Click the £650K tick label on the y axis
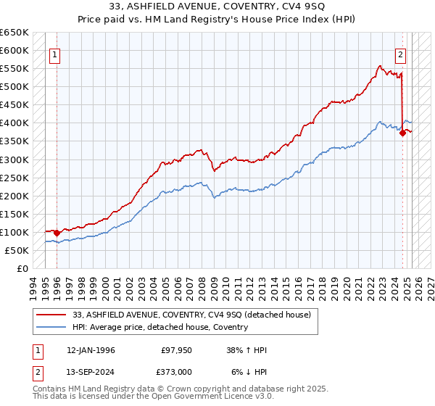pyautogui.click(x=14, y=33)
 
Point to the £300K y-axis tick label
pyautogui.click(x=14, y=159)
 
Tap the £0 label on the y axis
pyautogui.click(x=23, y=268)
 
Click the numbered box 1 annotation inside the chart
pyautogui.click(x=55, y=54)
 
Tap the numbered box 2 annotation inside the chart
pyautogui.click(x=399, y=54)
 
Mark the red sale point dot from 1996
pyautogui.click(x=57, y=233)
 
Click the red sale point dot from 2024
pyautogui.click(x=402, y=133)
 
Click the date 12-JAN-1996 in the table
pyautogui.click(x=90, y=350)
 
